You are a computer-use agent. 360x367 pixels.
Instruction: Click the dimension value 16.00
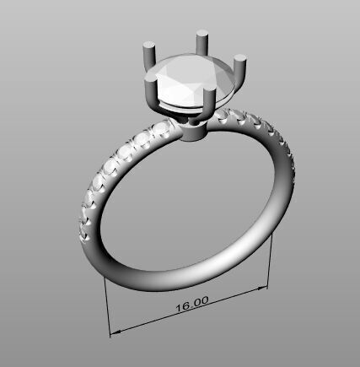point(192,302)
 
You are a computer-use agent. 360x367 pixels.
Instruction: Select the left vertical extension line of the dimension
point(107,304)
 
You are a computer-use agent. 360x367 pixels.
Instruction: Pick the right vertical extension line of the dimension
point(270,262)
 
